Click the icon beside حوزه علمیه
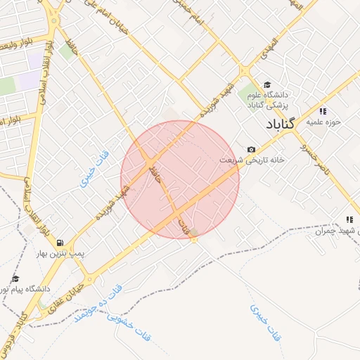(323, 111)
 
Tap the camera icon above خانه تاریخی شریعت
(251, 149)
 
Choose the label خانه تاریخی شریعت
(251, 160)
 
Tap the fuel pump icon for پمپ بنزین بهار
(60, 242)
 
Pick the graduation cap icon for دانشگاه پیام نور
(15, 278)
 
